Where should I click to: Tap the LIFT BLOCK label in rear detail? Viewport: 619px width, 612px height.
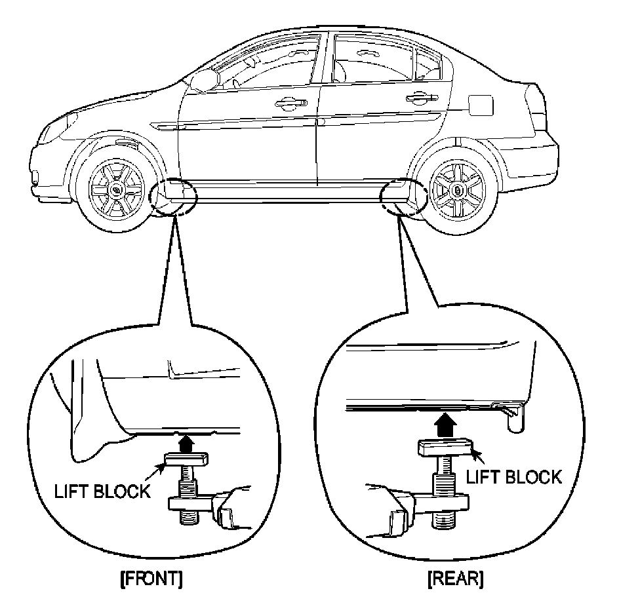click(513, 476)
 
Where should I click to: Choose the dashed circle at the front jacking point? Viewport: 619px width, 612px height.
click(173, 196)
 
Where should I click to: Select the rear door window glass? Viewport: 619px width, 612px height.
click(374, 59)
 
